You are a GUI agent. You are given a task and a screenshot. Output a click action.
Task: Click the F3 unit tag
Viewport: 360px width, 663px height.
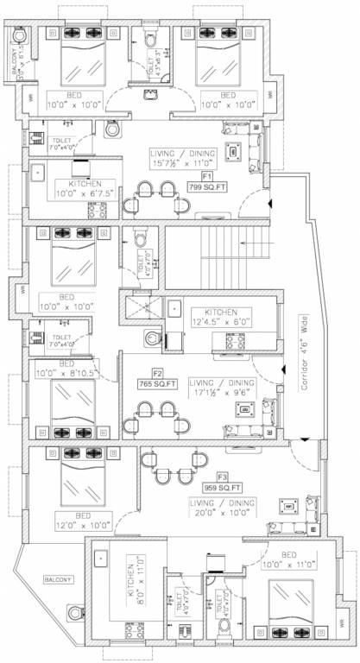tap(223, 476)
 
